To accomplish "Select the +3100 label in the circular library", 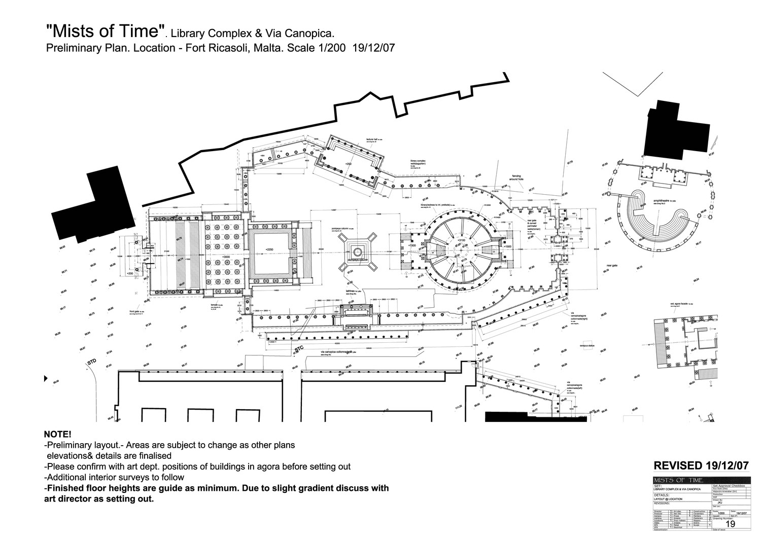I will click(461, 240).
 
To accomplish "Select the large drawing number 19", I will click(731, 524).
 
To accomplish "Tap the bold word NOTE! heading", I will click(58, 435).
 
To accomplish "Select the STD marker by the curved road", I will click(91, 362).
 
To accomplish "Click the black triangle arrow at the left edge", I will click(46, 378).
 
